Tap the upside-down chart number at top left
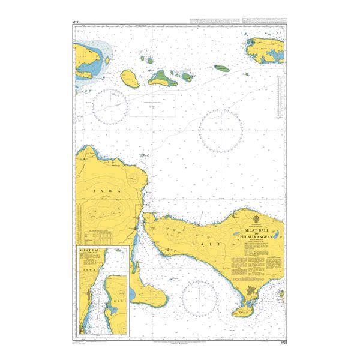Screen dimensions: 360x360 pos(76,25)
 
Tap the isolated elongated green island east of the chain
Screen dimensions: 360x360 pos(223,69)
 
